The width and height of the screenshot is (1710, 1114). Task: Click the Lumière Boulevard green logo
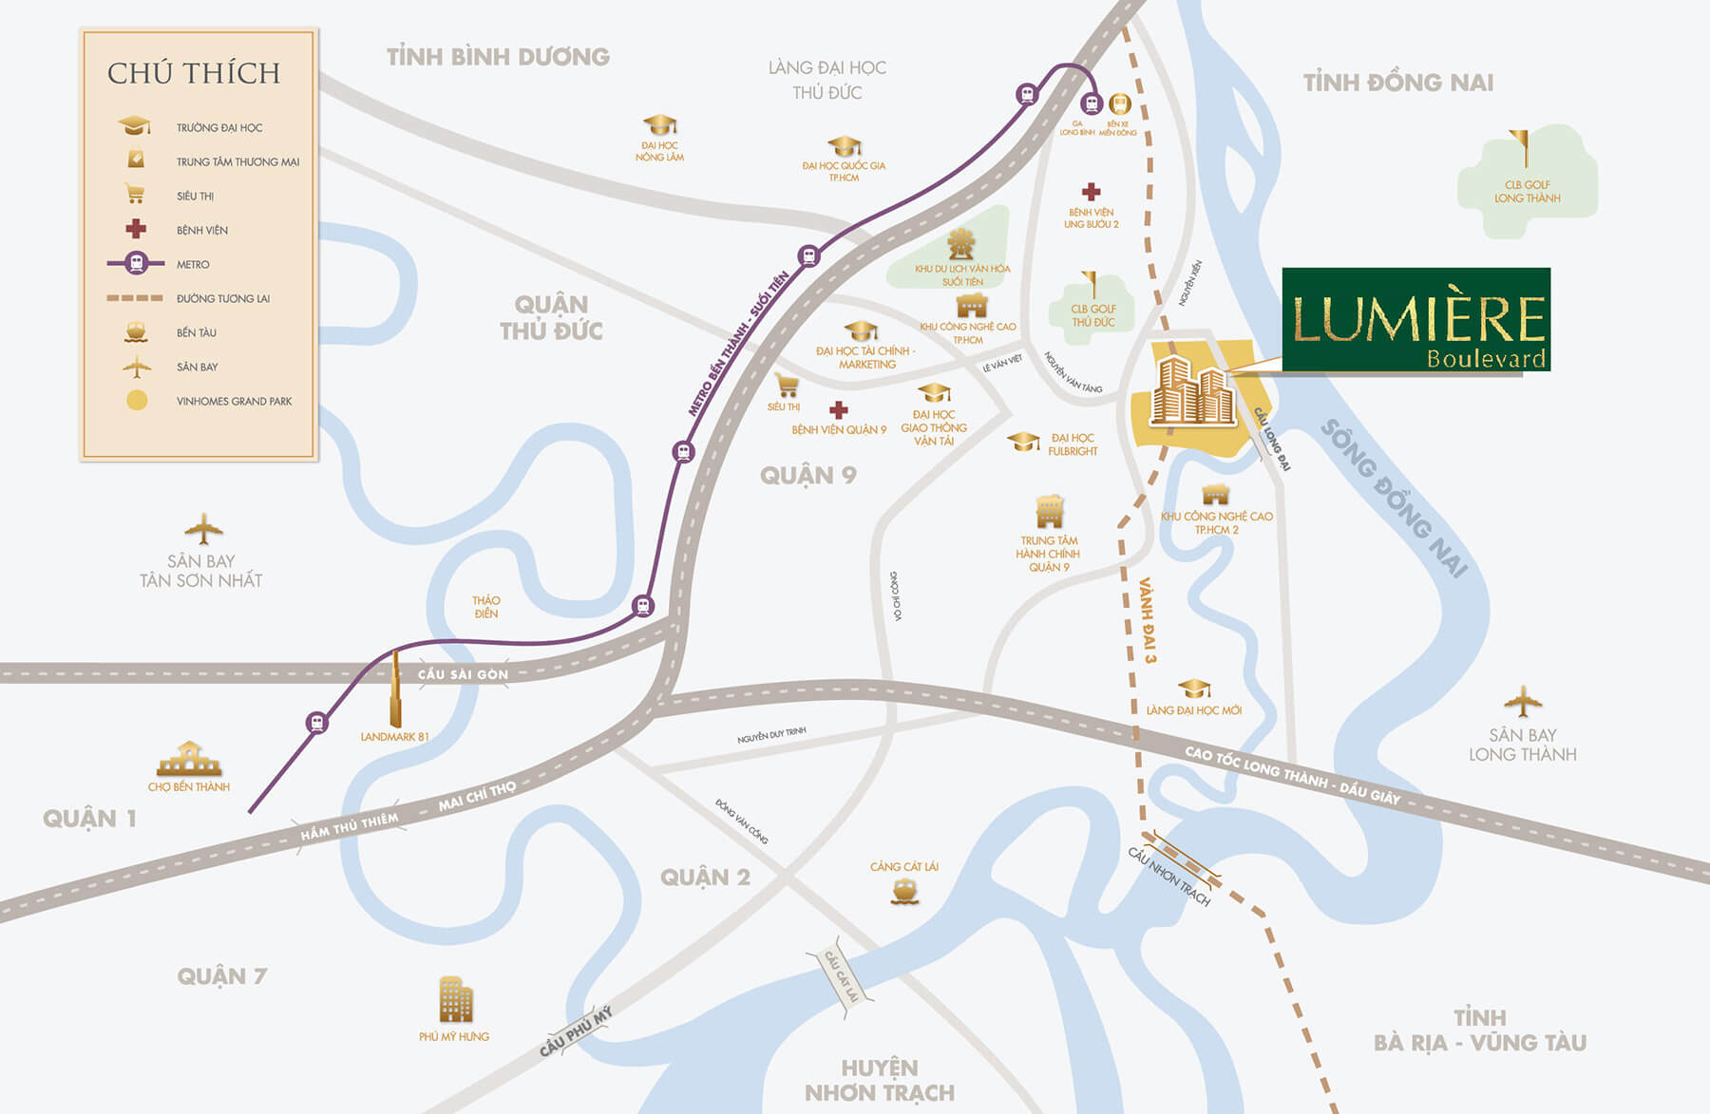coord(1415,320)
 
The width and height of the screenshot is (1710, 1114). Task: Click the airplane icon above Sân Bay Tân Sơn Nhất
coord(202,529)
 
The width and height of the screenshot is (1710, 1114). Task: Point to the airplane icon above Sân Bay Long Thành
coord(1522,703)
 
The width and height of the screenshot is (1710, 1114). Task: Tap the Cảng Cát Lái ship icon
coord(904,890)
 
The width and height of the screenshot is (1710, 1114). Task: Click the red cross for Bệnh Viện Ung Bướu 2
coord(1091,192)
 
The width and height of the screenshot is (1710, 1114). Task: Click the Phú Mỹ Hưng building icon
coord(455,999)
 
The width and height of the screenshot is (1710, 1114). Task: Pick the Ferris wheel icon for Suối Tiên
coord(961,245)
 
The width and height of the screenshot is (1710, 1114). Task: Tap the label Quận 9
coord(807,475)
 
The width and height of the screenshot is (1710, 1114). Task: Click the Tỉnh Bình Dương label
coord(498,57)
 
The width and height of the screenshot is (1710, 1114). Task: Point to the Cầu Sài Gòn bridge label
coord(463,674)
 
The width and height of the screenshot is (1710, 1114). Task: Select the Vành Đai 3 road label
coord(1148,619)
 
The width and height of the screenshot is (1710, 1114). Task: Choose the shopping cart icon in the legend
coord(136,195)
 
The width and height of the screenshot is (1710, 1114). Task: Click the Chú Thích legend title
coord(194,73)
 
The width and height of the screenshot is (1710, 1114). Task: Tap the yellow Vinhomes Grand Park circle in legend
coord(137,401)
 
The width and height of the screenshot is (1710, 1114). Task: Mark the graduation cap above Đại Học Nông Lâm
coord(659,125)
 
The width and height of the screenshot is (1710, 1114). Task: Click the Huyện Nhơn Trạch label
coord(880,1080)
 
